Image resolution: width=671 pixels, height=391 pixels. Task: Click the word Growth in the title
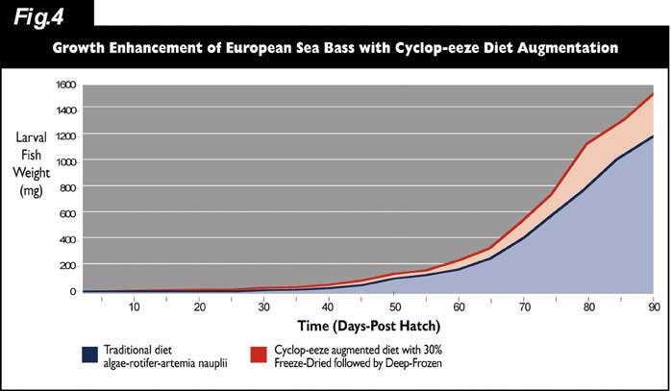84,46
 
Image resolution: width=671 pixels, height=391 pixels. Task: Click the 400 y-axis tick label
63,239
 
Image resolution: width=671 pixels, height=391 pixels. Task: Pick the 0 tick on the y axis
70,291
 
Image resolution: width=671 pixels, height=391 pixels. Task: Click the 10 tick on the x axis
134,306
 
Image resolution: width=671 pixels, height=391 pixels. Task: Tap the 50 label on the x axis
394,306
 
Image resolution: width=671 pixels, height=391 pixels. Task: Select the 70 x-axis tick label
525,306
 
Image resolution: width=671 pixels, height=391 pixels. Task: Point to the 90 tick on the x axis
654,306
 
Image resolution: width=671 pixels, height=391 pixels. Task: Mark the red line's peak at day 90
654,94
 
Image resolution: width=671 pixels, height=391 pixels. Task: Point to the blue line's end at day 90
654,136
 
